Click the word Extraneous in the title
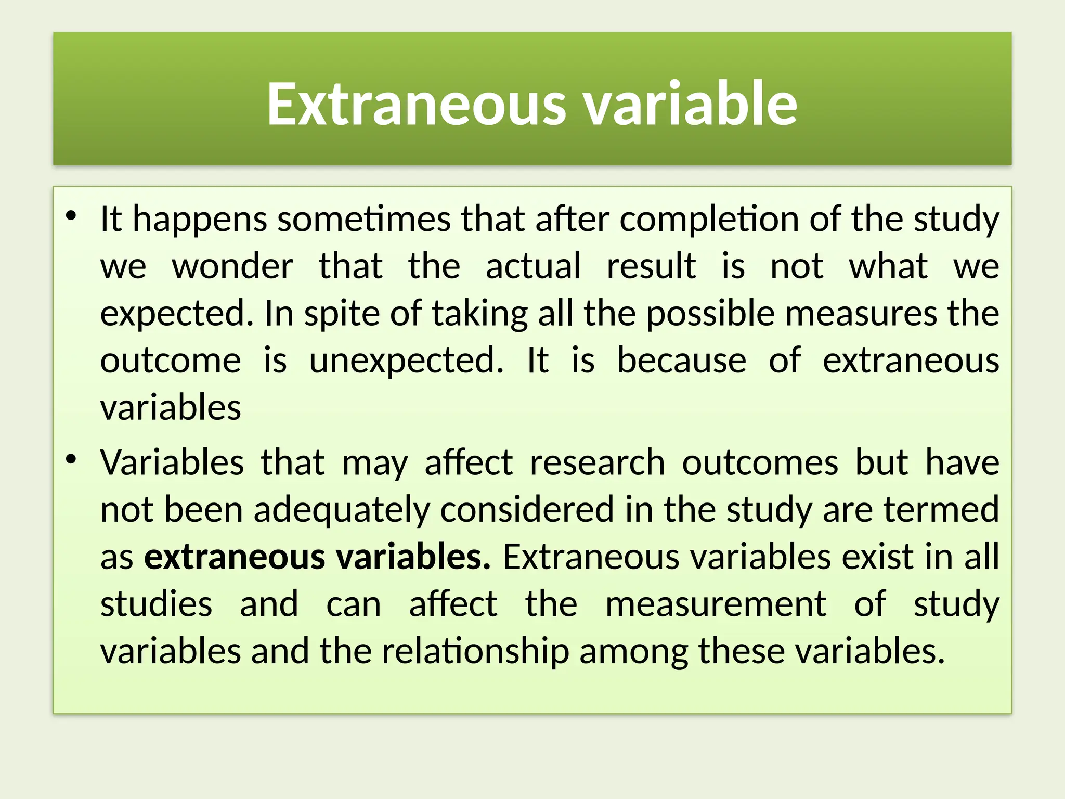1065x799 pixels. tap(416, 104)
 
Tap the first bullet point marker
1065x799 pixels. tap(71, 216)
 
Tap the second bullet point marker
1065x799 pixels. tap(71, 459)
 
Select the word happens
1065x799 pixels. tap(200, 220)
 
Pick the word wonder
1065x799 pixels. tap(232, 266)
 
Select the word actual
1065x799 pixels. tap(533, 266)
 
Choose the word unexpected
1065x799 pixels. tap(406, 361)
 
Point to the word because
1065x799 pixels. tap(681, 360)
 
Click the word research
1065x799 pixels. tap(597, 462)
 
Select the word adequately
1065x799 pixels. tap(342, 510)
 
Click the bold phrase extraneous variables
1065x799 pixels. tap(317, 557)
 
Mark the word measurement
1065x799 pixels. tap(716, 604)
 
